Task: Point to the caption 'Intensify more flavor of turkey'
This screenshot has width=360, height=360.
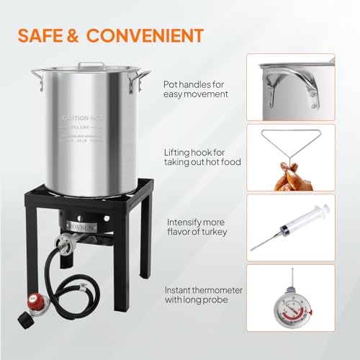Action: click(198, 228)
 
